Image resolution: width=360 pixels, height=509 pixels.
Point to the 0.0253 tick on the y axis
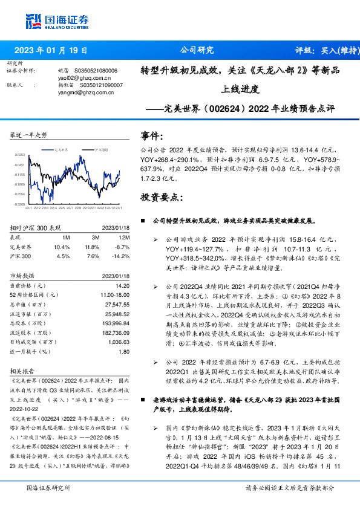click(x=20, y=155)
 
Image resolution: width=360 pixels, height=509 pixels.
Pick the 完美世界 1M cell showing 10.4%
click(x=62, y=247)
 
